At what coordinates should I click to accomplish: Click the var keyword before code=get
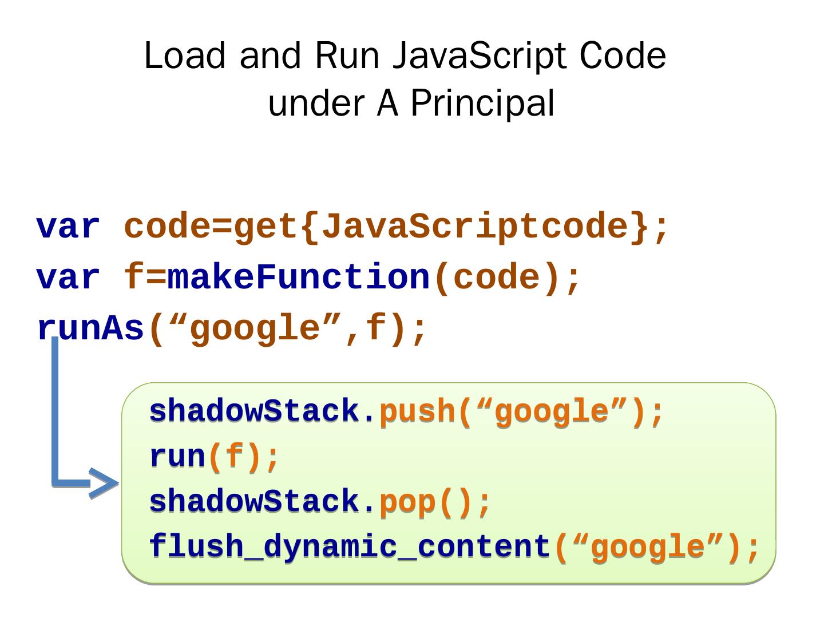click(x=68, y=227)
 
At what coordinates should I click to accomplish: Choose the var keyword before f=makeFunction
click(x=68, y=278)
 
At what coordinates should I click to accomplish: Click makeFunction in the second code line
click(x=298, y=278)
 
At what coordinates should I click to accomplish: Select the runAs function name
click(x=90, y=329)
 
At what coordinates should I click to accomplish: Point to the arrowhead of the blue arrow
click(x=104, y=484)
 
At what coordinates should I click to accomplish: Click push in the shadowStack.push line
click(x=416, y=412)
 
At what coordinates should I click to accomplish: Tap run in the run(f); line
click(x=177, y=457)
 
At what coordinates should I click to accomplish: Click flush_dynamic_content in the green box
click(x=349, y=546)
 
